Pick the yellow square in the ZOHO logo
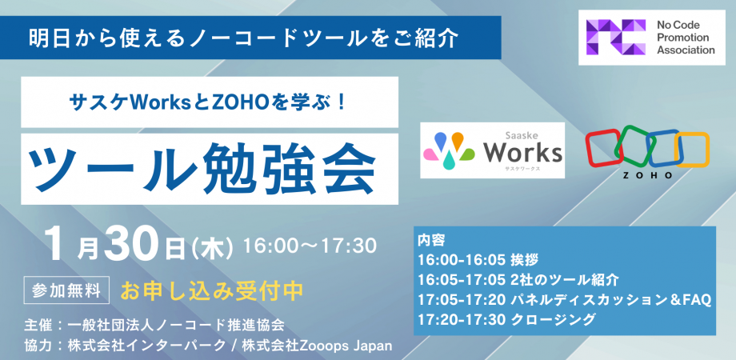(692, 150)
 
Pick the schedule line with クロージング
(506, 319)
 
